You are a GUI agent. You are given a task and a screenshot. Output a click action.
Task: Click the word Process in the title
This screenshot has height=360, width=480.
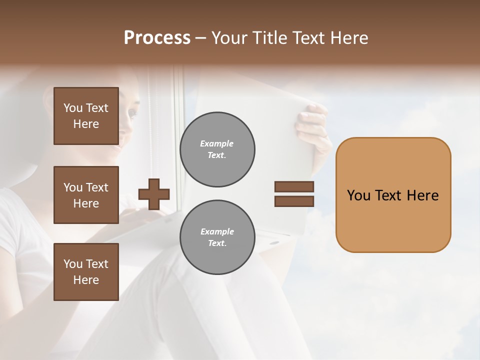tap(157, 38)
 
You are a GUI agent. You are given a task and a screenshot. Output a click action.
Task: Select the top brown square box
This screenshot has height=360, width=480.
tap(86, 116)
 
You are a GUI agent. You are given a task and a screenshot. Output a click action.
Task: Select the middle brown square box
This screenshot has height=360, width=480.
tap(86, 195)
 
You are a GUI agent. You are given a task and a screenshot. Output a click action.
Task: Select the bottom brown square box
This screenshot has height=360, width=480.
tap(86, 272)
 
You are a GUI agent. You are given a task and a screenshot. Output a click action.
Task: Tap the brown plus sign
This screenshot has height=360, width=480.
tap(154, 194)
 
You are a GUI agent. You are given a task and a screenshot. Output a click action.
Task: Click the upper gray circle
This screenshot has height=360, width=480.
tap(217, 149)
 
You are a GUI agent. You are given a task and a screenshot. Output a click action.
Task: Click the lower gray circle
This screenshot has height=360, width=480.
tap(217, 237)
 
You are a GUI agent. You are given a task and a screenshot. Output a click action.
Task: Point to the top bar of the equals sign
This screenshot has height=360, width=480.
tap(294, 187)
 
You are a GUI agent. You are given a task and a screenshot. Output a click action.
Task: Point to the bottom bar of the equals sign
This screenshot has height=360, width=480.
tap(294, 201)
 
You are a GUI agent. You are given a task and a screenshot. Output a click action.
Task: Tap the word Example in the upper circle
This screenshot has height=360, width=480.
tap(217, 143)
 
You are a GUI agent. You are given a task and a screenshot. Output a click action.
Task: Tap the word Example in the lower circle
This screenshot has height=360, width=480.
tap(217, 231)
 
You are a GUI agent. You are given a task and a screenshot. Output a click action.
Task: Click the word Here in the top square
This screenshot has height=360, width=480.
tap(86, 124)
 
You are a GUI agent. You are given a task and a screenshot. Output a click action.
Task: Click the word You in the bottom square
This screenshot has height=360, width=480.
tap(73, 264)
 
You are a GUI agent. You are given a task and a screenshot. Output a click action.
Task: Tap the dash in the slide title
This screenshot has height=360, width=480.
tap(201, 38)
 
